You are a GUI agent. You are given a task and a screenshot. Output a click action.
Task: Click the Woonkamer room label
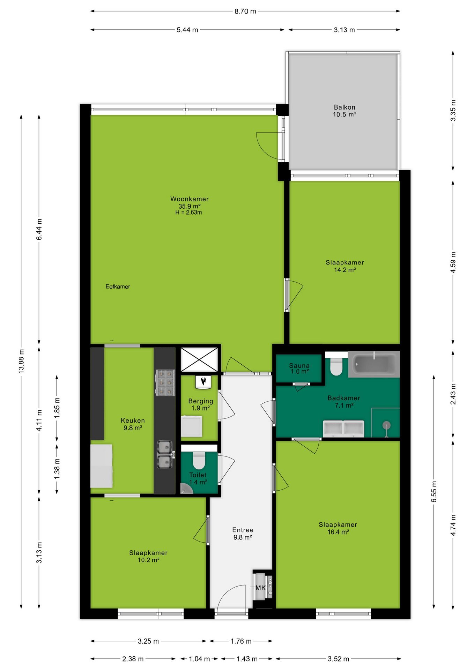[189, 199]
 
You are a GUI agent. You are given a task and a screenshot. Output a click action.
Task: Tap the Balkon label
[345, 107]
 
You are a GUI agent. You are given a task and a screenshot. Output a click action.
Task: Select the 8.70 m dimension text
[245, 11]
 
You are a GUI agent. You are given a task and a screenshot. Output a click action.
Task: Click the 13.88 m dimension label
[21, 361]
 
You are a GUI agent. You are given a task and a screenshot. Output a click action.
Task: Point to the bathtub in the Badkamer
[374, 364]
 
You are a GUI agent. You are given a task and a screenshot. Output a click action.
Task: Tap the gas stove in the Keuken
[165, 383]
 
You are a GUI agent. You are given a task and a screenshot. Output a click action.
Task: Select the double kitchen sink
[164, 455]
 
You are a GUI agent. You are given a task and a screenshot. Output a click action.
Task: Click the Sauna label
[299, 365]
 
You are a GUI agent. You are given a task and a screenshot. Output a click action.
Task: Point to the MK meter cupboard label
[260, 588]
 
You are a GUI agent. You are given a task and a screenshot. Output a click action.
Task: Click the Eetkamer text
[118, 286]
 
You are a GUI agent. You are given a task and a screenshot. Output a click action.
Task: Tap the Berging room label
[200, 401]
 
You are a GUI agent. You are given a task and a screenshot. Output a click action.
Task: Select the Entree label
[243, 530]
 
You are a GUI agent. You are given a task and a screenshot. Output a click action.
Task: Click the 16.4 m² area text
[338, 532]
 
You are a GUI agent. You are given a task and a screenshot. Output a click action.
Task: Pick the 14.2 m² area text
[345, 270]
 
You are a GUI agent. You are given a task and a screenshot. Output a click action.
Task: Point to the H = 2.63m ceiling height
[188, 212]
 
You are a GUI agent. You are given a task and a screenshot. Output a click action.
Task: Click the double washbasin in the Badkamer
[343, 429]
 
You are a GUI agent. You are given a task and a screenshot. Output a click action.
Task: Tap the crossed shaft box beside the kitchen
[199, 359]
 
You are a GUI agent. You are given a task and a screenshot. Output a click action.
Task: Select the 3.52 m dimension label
[338, 659]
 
